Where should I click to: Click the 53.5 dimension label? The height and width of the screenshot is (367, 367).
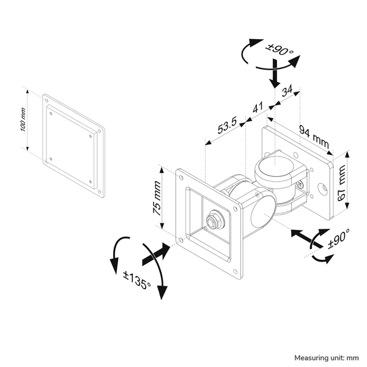226,127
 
